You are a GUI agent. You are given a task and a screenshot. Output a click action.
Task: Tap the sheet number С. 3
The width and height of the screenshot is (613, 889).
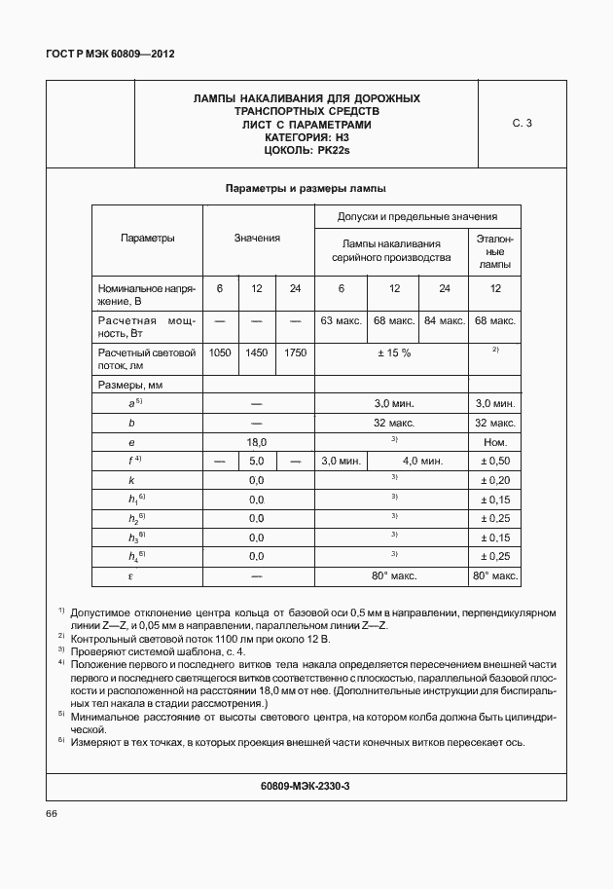pyautogui.click(x=523, y=124)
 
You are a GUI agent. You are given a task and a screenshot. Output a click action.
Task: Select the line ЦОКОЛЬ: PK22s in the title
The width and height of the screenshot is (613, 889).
pyautogui.click(x=306, y=151)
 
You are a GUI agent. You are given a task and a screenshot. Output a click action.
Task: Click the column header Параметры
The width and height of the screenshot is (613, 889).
pyautogui.click(x=148, y=238)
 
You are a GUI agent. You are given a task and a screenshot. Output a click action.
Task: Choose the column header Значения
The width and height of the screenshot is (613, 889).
pyautogui.click(x=257, y=238)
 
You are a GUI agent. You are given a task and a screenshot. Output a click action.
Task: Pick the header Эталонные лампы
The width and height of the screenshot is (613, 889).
pyautogui.click(x=495, y=251)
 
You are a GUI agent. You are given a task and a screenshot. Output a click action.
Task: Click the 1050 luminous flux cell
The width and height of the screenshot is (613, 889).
pyautogui.click(x=220, y=352)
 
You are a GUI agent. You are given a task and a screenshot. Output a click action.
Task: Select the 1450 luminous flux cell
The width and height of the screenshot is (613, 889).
pyautogui.click(x=257, y=352)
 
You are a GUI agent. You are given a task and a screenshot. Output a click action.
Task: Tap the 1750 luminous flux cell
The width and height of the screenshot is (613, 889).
pyautogui.click(x=295, y=352)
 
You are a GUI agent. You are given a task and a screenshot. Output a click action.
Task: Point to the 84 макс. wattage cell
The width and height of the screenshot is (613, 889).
pyautogui.click(x=444, y=320)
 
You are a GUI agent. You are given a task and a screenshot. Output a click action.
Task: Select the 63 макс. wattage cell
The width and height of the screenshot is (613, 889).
pyautogui.click(x=341, y=320)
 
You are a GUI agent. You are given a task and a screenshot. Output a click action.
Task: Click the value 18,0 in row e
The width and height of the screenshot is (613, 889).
pyautogui.click(x=257, y=442)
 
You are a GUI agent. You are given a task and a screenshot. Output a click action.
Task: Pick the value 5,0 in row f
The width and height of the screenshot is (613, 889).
pyautogui.click(x=257, y=461)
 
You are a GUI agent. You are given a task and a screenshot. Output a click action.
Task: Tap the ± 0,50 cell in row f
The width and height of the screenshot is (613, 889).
pyautogui.click(x=495, y=461)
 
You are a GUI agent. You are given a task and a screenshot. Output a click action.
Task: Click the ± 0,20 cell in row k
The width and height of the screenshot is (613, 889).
pyautogui.click(x=495, y=480)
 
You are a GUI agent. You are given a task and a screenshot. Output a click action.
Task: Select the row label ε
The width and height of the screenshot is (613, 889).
pyautogui.click(x=130, y=576)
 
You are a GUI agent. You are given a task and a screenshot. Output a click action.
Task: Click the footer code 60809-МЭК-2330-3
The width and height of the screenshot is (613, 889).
pyautogui.click(x=306, y=785)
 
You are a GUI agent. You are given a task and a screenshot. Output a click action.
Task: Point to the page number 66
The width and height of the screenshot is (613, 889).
pyautogui.click(x=52, y=814)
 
